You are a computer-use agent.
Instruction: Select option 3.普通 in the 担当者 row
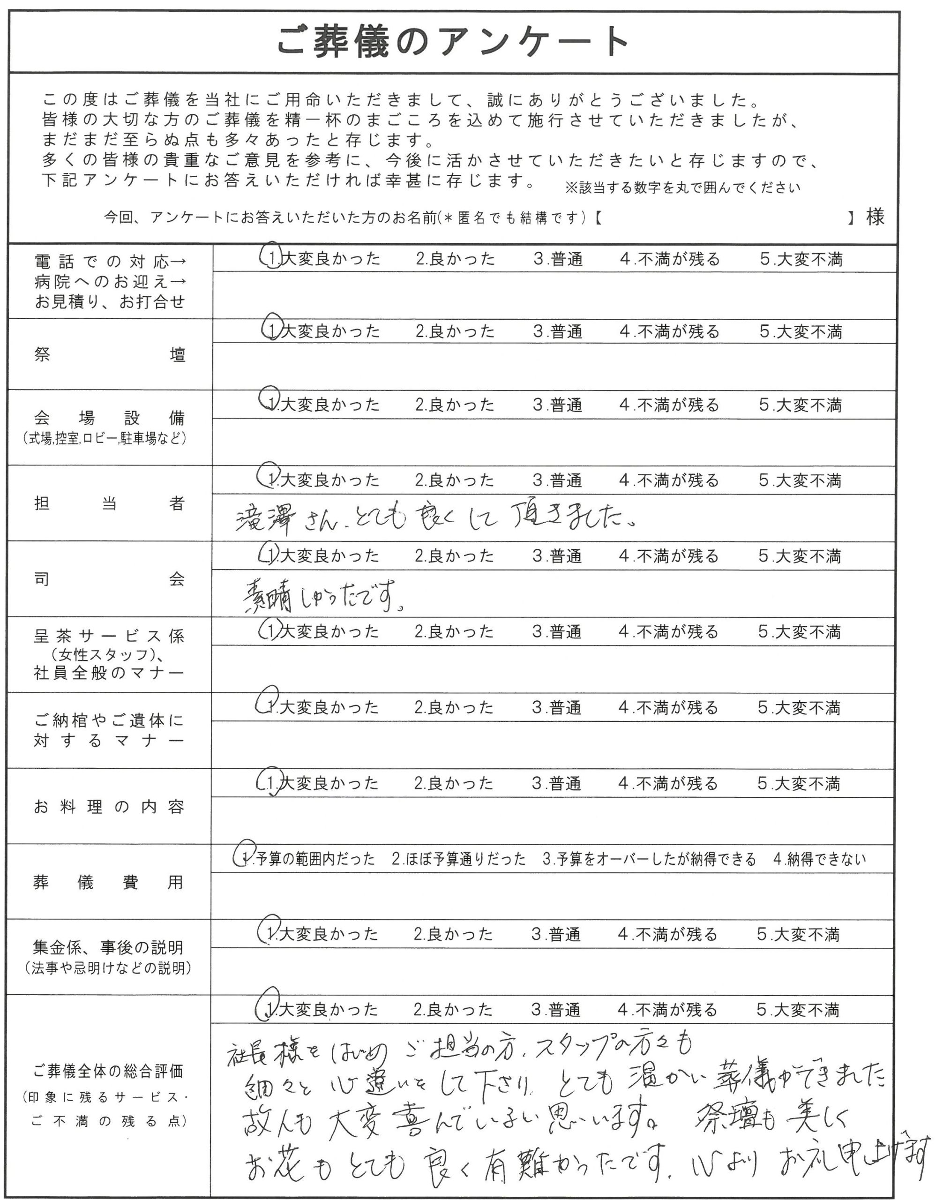(x=557, y=480)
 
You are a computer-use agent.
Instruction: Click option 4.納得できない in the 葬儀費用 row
(x=819, y=859)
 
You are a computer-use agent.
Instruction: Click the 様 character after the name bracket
(x=876, y=217)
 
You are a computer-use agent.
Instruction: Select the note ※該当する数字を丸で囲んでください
(x=682, y=188)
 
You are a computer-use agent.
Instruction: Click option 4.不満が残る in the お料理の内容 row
(x=667, y=783)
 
